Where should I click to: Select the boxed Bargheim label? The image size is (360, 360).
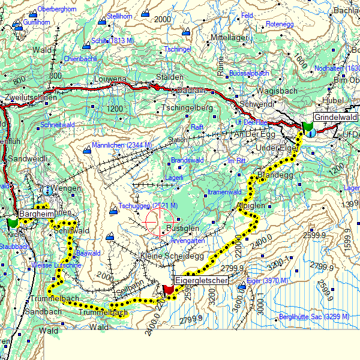click(x=37, y=214)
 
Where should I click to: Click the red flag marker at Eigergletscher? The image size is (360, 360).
click(x=168, y=290)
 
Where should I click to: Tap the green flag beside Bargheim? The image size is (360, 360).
click(x=13, y=223)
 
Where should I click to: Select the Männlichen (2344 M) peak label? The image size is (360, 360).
click(x=122, y=145)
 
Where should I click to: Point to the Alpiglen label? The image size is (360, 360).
click(x=251, y=206)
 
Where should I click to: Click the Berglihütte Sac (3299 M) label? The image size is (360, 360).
click(x=314, y=316)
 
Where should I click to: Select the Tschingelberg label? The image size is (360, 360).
click(x=187, y=108)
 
